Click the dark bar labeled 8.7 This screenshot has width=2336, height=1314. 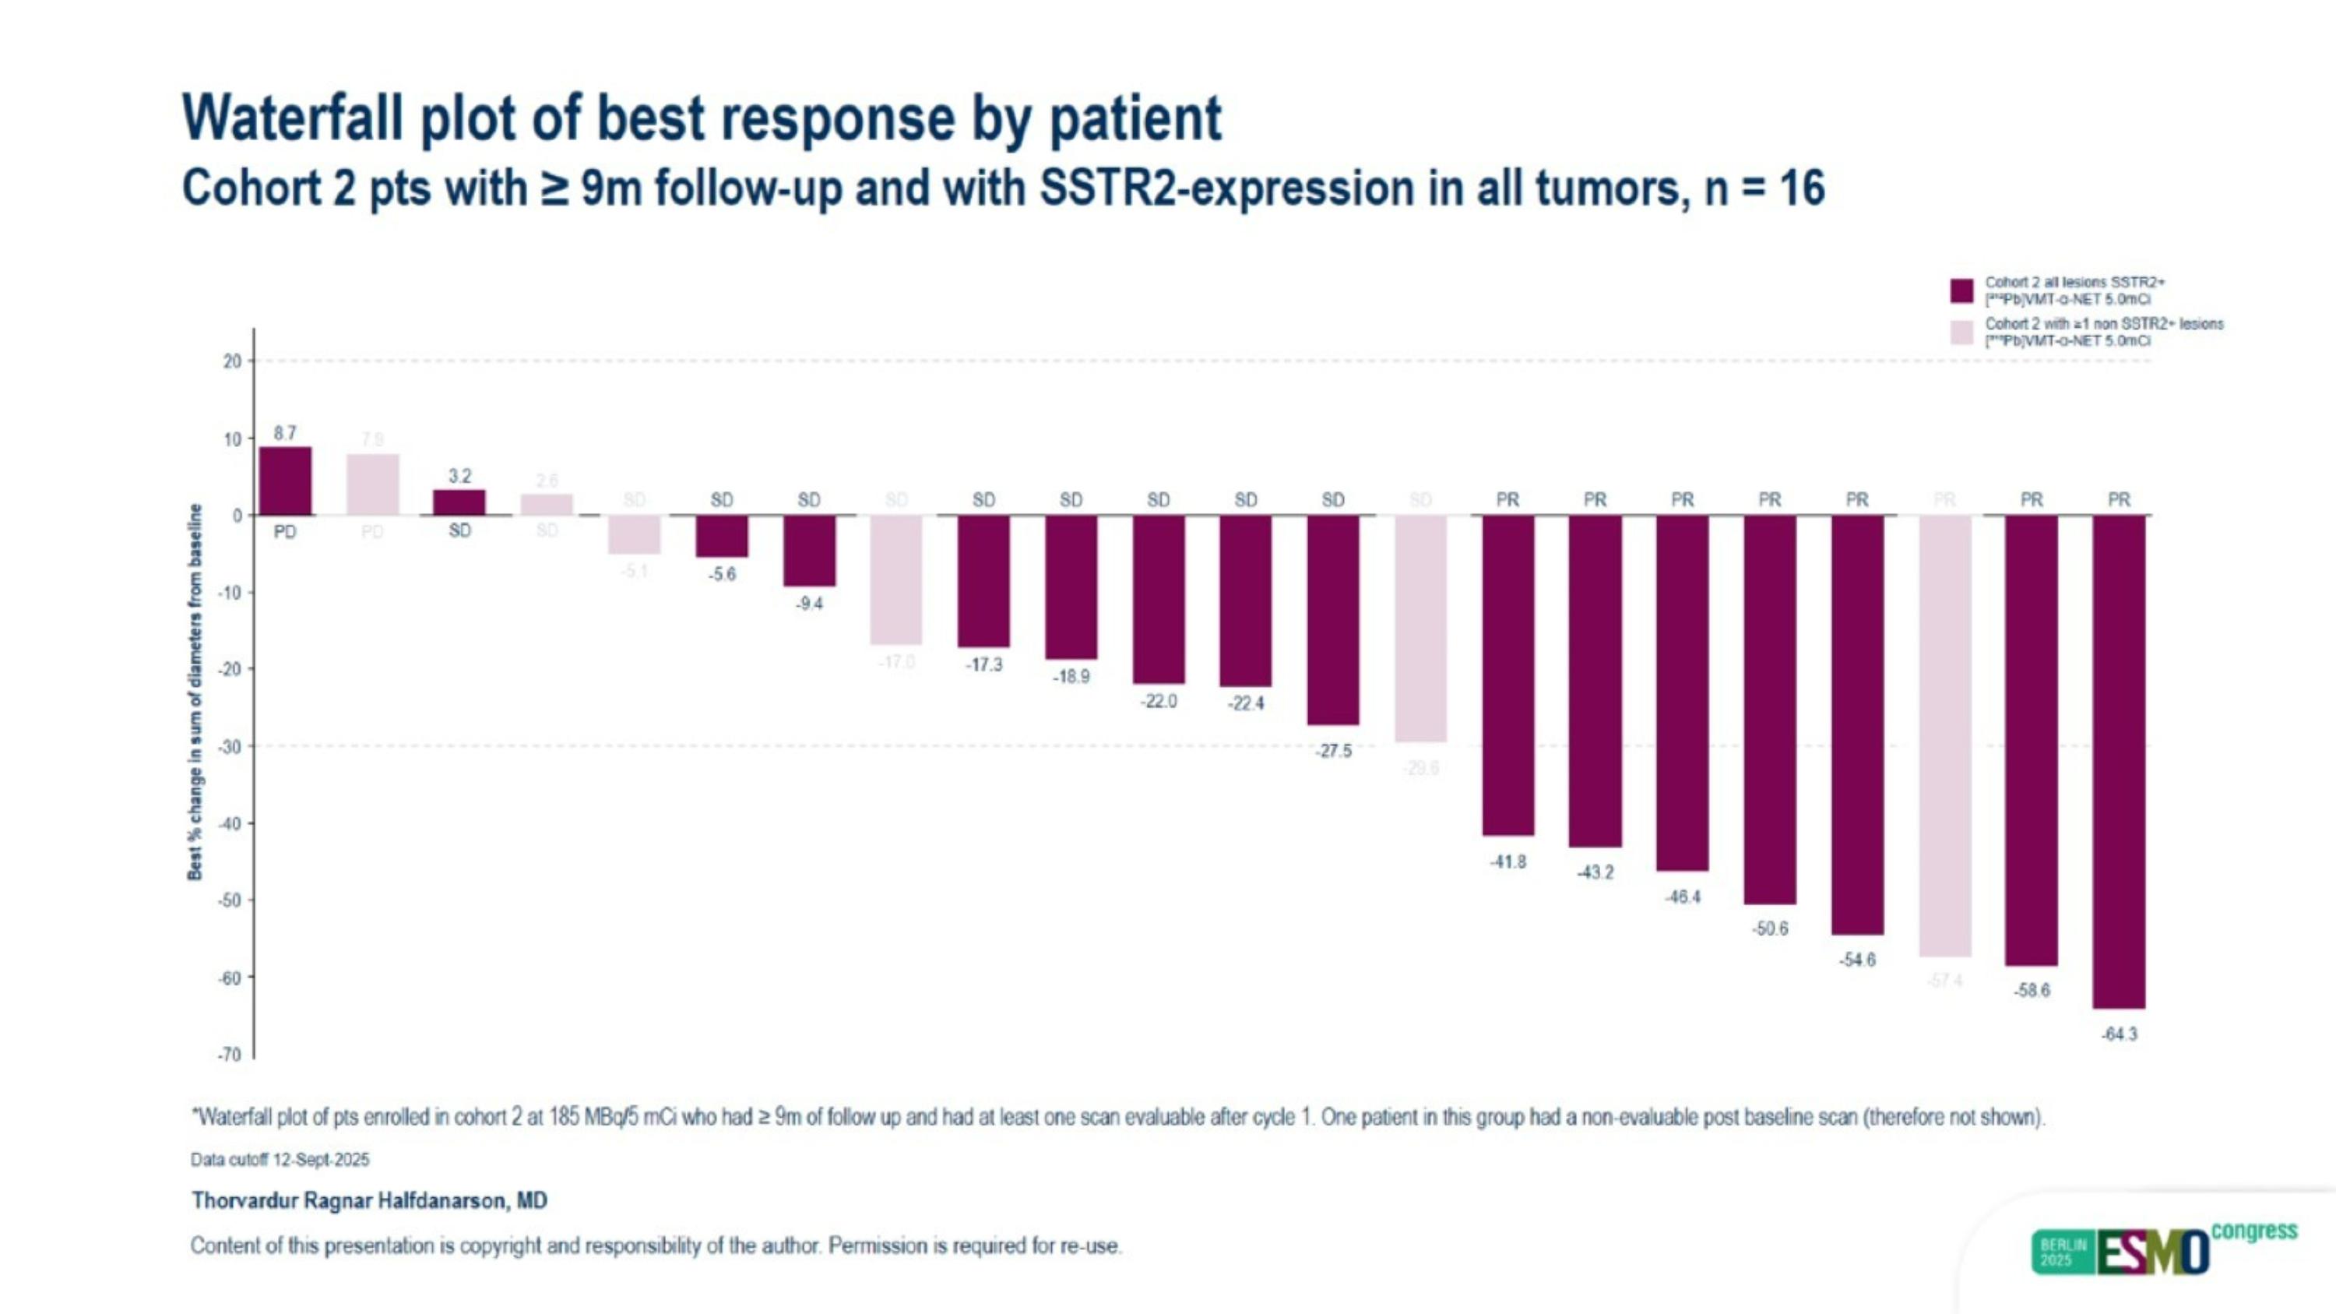285,481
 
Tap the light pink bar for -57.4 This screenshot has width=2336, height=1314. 1944,735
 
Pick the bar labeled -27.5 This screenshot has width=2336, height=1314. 1332,619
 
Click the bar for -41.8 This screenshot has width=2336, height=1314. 1507,675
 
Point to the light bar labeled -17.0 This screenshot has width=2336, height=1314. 896,579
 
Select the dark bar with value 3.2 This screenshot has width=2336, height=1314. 459,502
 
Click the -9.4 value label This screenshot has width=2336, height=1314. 809,604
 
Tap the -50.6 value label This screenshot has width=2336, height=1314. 1770,928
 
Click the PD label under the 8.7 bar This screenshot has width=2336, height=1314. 285,532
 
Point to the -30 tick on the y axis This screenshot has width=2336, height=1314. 231,746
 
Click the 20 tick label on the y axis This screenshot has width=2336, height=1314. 233,361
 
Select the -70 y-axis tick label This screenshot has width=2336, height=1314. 230,1055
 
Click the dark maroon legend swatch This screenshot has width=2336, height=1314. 1961,291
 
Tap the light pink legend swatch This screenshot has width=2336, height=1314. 1961,332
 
